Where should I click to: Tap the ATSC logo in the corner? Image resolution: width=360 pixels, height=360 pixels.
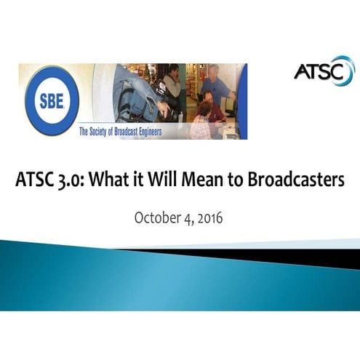(324, 71)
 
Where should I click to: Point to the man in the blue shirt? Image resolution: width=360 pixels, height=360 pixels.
(216, 84)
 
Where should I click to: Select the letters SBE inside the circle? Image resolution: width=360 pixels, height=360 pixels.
(50, 101)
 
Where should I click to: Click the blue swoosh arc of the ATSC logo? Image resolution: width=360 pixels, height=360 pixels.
(348, 70)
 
